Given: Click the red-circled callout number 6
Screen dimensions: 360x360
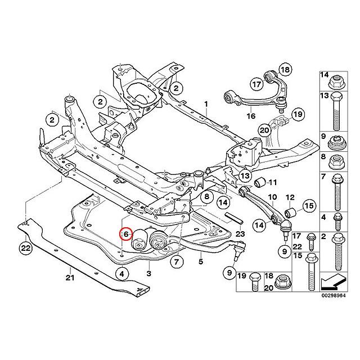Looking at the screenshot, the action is tap(126, 234).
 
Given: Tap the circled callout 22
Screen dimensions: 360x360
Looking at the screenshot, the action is tap(26, 248).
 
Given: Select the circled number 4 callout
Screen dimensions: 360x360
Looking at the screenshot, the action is tap(121, 274).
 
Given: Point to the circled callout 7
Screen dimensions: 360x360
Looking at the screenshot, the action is tap(176, 262).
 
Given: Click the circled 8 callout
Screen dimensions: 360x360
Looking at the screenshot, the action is tap(206, 196).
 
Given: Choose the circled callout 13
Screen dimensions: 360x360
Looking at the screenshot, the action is tap(245, 176).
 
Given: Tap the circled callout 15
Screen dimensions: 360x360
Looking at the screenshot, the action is tap(309, 206).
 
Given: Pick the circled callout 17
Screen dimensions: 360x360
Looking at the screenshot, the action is tap(256, 84).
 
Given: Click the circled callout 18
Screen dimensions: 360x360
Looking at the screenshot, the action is tap(285, 69).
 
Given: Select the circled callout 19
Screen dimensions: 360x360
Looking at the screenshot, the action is tap(298, 114).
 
